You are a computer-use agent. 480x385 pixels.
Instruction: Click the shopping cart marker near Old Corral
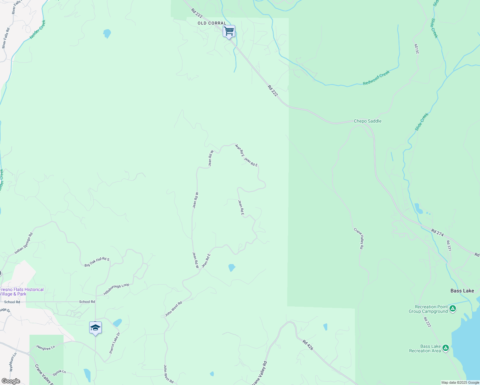pos(229,31)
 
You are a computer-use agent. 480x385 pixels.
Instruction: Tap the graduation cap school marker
pos(95,328)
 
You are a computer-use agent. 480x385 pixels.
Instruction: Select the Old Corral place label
pos(212,23)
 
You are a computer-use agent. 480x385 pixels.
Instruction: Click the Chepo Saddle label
pos(367,121)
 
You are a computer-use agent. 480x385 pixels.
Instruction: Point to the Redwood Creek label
pos(376,78)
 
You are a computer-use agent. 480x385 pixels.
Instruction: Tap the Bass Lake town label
pos(462,291)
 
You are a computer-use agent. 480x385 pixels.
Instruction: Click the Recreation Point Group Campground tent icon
pos(453,309)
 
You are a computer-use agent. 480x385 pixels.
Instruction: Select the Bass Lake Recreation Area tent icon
pos(445,348)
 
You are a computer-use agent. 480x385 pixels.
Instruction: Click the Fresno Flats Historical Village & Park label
pos(22,292)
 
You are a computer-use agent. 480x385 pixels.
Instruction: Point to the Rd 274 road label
pos(437,233)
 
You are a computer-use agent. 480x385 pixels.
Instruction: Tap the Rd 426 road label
pos(308,345)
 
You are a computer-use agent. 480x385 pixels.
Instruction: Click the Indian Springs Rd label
pos(24,244)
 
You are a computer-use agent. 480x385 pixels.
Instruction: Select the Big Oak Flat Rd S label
pos(97,262)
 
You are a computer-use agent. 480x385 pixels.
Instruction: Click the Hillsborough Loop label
pos(116,289)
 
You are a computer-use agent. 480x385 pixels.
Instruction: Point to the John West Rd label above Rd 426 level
pos(174,309)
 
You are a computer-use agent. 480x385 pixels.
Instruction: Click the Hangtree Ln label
pos(46,347)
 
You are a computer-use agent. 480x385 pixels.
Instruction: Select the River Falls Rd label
pos(6,38)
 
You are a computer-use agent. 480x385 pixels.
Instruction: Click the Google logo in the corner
pos(11,381)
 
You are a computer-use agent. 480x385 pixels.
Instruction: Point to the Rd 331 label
pos(449,245)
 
